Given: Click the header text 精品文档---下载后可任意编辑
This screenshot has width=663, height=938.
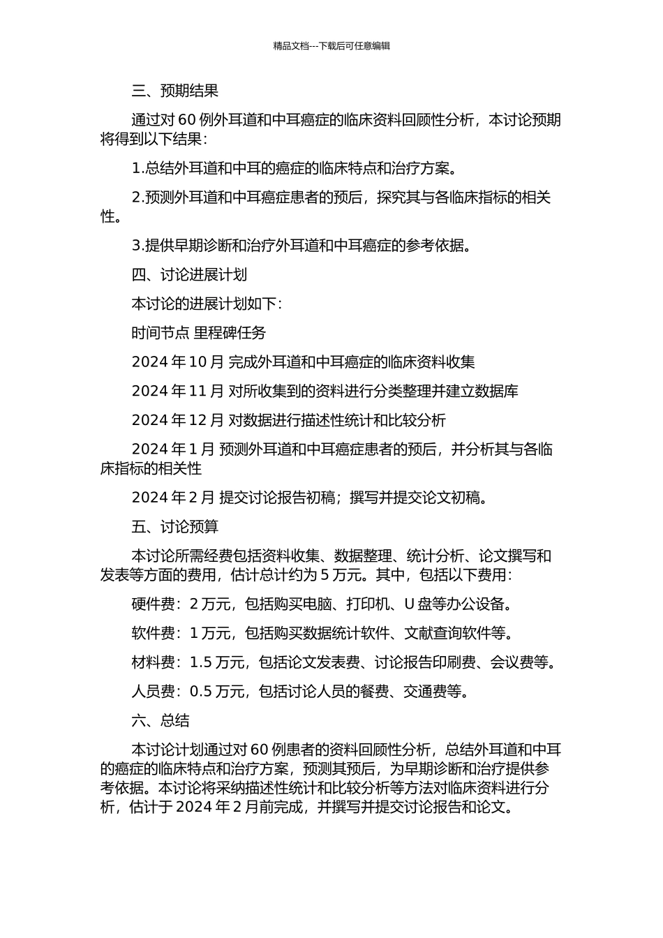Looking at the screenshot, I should [331, 46].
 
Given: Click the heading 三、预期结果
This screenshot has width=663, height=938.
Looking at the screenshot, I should [174, 91].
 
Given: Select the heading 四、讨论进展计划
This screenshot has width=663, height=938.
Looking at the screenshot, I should [189, 275].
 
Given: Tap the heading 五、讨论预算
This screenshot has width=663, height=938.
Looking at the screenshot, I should [174, 527].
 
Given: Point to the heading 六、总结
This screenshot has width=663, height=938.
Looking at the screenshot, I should [160, 721].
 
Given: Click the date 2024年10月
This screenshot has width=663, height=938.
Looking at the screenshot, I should [177, 362].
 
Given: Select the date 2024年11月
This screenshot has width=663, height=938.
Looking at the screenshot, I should [177, 391].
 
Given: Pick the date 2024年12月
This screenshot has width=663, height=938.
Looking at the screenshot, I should [177, 420].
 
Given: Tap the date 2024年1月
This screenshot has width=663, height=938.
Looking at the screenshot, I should [173, 449].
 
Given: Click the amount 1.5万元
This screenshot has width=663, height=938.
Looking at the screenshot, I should [217, 662].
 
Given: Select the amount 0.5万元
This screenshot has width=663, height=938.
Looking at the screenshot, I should [217, 692].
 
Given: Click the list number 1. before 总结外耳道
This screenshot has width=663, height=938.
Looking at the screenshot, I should [137, 169].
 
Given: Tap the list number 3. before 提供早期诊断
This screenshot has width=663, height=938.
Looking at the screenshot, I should [137, 246].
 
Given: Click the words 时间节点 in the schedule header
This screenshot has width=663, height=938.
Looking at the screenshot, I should [160, 333].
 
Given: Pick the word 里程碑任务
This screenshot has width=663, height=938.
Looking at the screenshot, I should [230, 333].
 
